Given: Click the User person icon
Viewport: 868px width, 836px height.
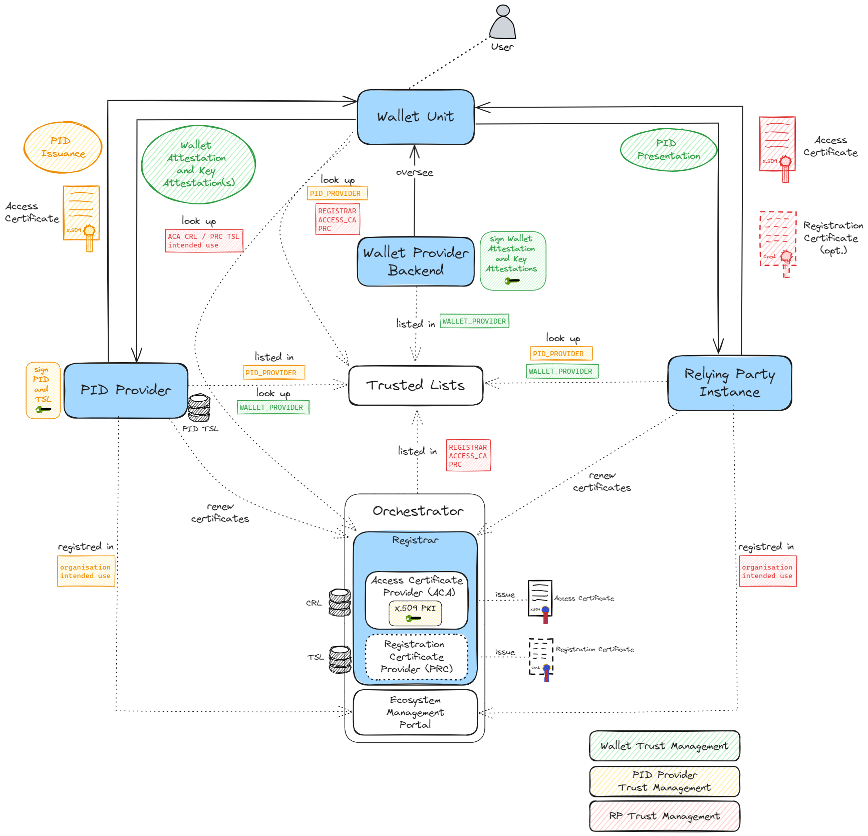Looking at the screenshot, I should (502, 24).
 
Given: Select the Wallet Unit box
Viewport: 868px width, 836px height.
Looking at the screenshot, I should (416, 117).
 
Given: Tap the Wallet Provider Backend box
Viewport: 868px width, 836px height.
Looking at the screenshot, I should (416, 261).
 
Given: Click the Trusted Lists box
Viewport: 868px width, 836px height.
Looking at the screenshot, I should (416, 385).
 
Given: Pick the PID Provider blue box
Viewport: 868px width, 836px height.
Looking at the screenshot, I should (126, 390).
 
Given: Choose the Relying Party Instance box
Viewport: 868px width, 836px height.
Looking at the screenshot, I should (730, 383).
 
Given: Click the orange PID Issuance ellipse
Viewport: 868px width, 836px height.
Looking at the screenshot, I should (63, 147).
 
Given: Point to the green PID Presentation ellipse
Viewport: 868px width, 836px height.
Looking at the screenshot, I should (669, 150).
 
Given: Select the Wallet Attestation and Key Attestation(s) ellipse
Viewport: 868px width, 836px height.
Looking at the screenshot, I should (198, 164).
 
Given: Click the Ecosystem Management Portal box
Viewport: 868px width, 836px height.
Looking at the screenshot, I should (415, 712).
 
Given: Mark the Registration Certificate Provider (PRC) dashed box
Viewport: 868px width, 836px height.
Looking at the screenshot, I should (416, 657).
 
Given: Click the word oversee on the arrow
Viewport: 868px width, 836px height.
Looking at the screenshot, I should (414, 173).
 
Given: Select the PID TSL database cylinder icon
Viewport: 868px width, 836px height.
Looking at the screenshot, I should (199, 407).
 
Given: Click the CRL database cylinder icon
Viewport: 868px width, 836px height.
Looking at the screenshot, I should (340, 602).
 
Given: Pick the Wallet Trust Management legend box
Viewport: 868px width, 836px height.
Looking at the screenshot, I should (665, 746).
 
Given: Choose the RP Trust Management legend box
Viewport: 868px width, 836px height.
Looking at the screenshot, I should (665, 816).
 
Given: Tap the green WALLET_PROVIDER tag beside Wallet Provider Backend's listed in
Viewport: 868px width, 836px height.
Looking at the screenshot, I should (474, 321).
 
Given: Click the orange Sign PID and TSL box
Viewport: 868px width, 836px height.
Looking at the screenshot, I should (43, 390).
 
